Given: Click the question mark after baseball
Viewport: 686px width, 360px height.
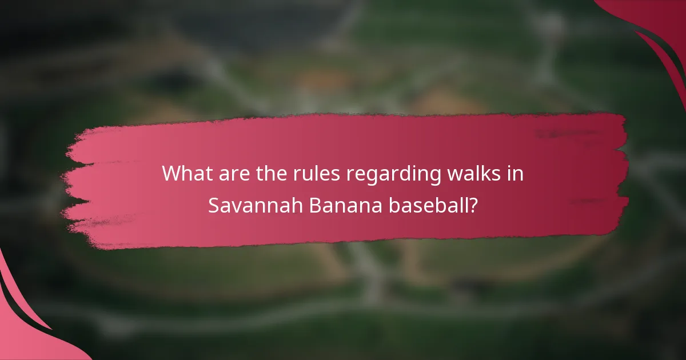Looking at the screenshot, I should pyautogui.click(x=472, y=205).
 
